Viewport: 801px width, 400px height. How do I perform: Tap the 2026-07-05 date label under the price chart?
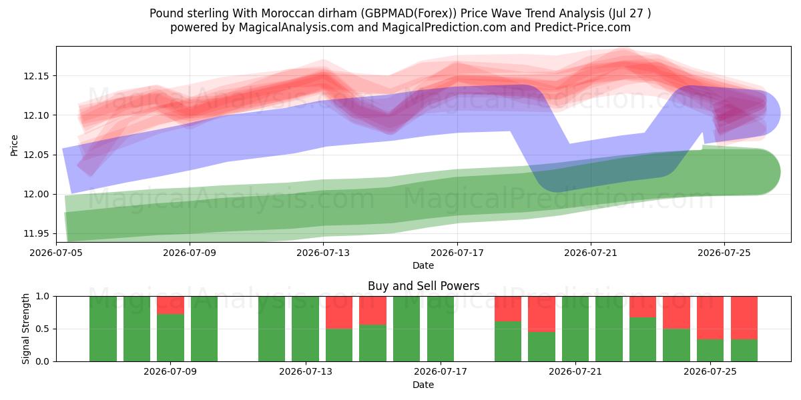tap(56, 253)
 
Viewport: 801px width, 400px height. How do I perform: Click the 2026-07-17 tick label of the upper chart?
tap(457, 253)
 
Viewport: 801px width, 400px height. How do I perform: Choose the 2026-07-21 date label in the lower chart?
tap(575, 371)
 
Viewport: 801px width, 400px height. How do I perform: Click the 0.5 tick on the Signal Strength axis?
tap(43, 329)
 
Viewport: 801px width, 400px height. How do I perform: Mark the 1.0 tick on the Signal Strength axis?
tap(43, 297)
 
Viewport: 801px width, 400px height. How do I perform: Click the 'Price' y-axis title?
tap(14, 145)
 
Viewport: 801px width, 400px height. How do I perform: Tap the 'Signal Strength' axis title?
tap(25, 329)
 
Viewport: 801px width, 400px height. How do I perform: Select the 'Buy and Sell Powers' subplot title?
tap(423, 286)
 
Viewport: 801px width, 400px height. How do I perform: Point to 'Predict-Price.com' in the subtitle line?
tap(583, 27)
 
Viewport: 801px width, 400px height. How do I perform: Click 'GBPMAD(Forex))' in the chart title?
tap(409, 13)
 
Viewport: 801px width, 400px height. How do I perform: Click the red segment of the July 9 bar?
tap(171, 305)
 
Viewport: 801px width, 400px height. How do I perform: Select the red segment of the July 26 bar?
tap(744, 318)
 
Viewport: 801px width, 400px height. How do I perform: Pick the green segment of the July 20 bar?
tap(542, 347)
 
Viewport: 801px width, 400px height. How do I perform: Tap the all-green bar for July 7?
tap(103, 329)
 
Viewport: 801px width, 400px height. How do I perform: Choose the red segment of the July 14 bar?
tap(339, 313)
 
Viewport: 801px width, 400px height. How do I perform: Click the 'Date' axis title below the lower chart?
tap(423, 385)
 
